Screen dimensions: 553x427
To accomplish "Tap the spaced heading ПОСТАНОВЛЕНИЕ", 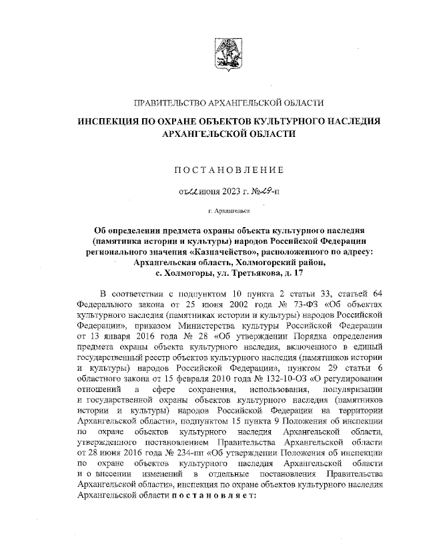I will click(229, 171).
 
